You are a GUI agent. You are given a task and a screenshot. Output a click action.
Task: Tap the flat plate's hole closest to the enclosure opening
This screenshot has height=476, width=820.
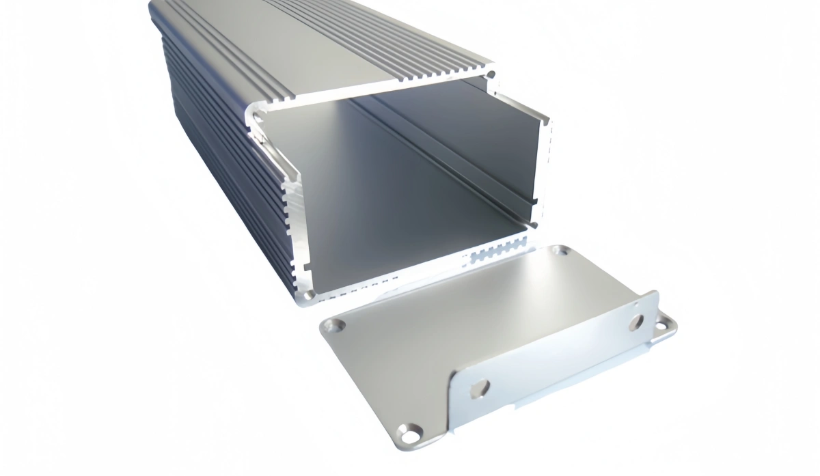(560, 252)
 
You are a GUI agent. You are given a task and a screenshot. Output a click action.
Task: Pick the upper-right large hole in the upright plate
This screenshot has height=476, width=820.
(636, 321)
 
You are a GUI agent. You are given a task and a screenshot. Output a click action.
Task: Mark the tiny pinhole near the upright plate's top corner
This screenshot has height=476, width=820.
(635, 300)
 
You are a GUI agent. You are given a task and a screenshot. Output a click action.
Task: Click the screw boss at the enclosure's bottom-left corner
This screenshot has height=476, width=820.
(309, 295)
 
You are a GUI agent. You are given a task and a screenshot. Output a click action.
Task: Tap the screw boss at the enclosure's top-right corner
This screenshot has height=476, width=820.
(490, 74)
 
